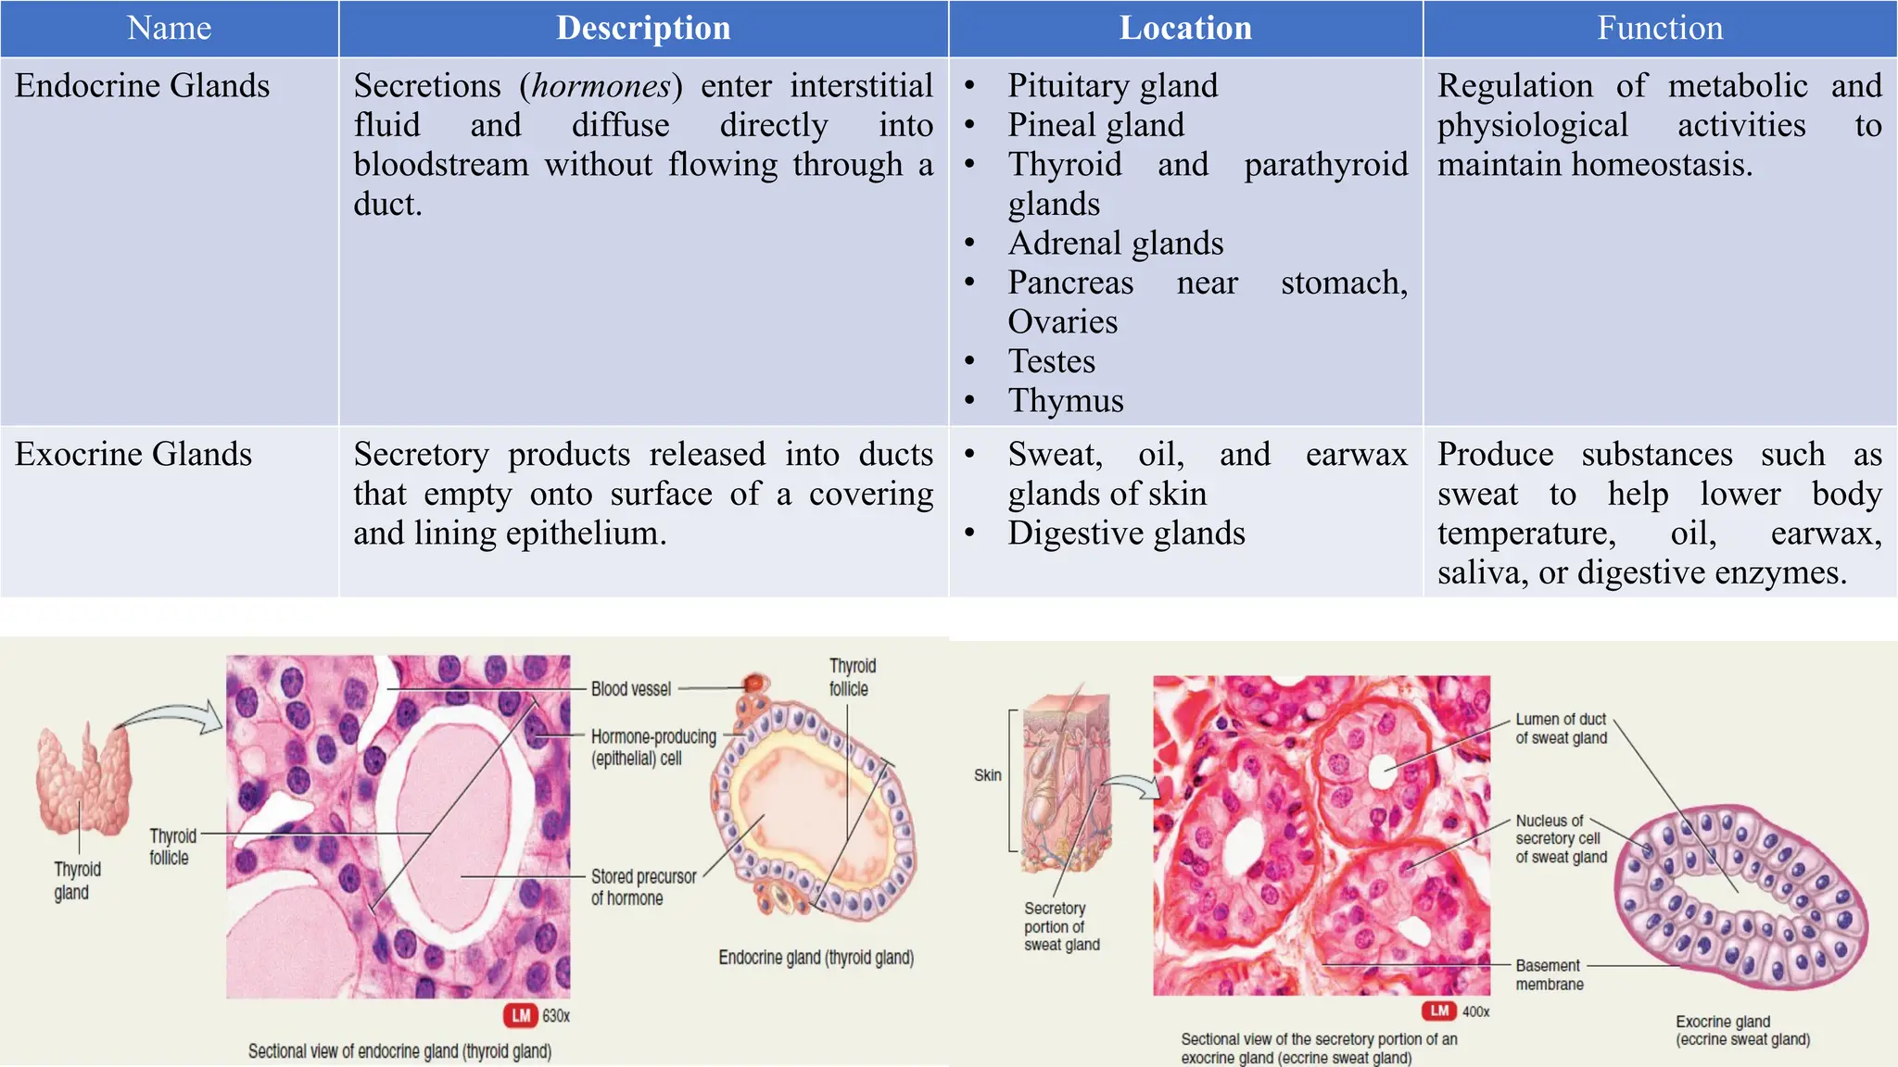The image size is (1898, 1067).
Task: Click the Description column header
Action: (643, 28)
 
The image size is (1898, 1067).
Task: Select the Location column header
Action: (1185, 28)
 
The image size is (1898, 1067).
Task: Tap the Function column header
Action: (1660, 28)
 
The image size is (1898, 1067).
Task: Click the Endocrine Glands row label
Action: (142, 86)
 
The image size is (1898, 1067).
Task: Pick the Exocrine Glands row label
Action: (133, 455)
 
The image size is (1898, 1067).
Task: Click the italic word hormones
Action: (601, 86)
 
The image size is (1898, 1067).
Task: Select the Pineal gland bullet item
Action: (1095, 125)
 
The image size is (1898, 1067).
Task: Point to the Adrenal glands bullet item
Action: (1116, 244)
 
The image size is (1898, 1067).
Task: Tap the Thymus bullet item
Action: (1066, 401)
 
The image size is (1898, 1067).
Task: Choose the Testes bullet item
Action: (1052, 361)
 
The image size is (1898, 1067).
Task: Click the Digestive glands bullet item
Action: (1126, 533)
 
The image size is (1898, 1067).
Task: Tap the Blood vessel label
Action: (630, 689)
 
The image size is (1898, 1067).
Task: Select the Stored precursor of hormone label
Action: (643, 887)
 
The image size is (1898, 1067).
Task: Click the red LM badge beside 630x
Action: (521, 1016)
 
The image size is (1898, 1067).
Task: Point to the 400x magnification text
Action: (1475, 1011)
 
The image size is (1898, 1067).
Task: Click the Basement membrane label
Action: (1549, 974)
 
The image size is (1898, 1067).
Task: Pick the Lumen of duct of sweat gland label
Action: (1561, 729)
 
